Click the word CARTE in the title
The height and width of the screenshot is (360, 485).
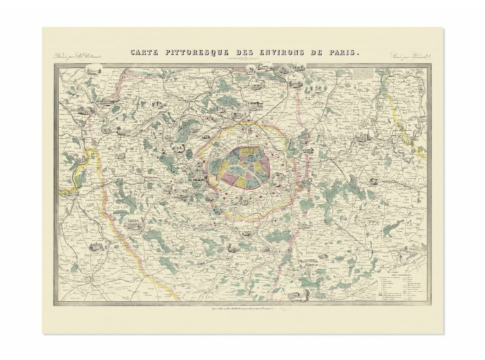pyautogui.click(x=145, y=53)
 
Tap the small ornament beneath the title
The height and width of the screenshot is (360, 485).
pyautogui.click(x=242, y=60)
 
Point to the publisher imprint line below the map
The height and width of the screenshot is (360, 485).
pyautogui.click(x=242, y=309)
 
